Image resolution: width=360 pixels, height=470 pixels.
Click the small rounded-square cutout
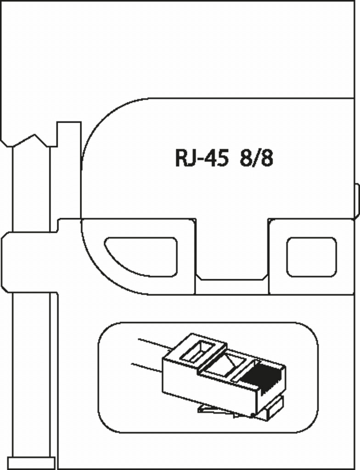click(311, 257)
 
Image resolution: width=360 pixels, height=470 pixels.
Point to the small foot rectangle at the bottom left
click(32, 463)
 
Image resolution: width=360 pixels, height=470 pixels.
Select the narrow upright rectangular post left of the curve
click(69, 170)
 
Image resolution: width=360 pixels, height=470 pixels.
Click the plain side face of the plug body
click(207, 386)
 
